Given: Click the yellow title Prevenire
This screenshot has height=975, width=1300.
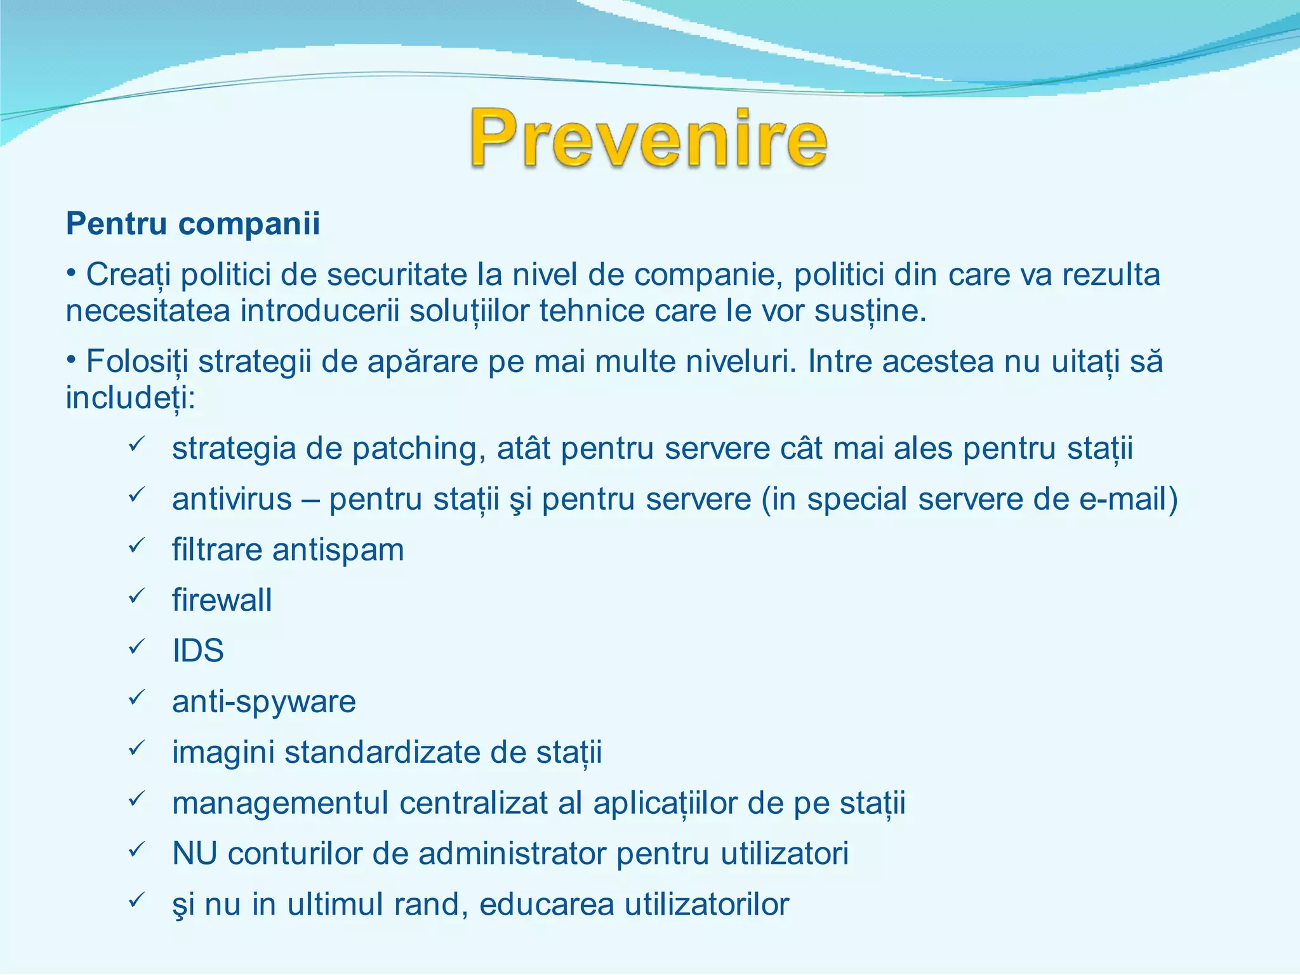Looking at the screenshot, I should tap(649, 138).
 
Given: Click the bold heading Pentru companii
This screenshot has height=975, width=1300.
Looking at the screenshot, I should tap(193, 224).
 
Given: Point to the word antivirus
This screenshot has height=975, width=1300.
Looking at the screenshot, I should tap(232, 499).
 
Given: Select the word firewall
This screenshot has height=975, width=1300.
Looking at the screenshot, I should tap(222, 600).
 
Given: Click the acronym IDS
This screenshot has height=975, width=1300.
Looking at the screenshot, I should tap(198, 651).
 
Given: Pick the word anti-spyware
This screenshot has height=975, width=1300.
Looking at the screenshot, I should tap(263, 702).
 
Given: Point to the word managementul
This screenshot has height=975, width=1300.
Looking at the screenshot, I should tap(280, 804).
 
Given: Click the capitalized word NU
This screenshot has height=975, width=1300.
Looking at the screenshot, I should tap(194, 854).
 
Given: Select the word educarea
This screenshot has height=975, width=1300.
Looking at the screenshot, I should tap(547, 905).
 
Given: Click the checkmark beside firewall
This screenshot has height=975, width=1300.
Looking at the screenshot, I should tap(137, 597).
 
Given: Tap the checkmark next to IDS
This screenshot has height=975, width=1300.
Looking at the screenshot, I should tap(137, 647).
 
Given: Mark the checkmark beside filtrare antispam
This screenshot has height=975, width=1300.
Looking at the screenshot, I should tap(137, 546).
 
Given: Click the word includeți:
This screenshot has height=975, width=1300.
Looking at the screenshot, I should tap(131, 399).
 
